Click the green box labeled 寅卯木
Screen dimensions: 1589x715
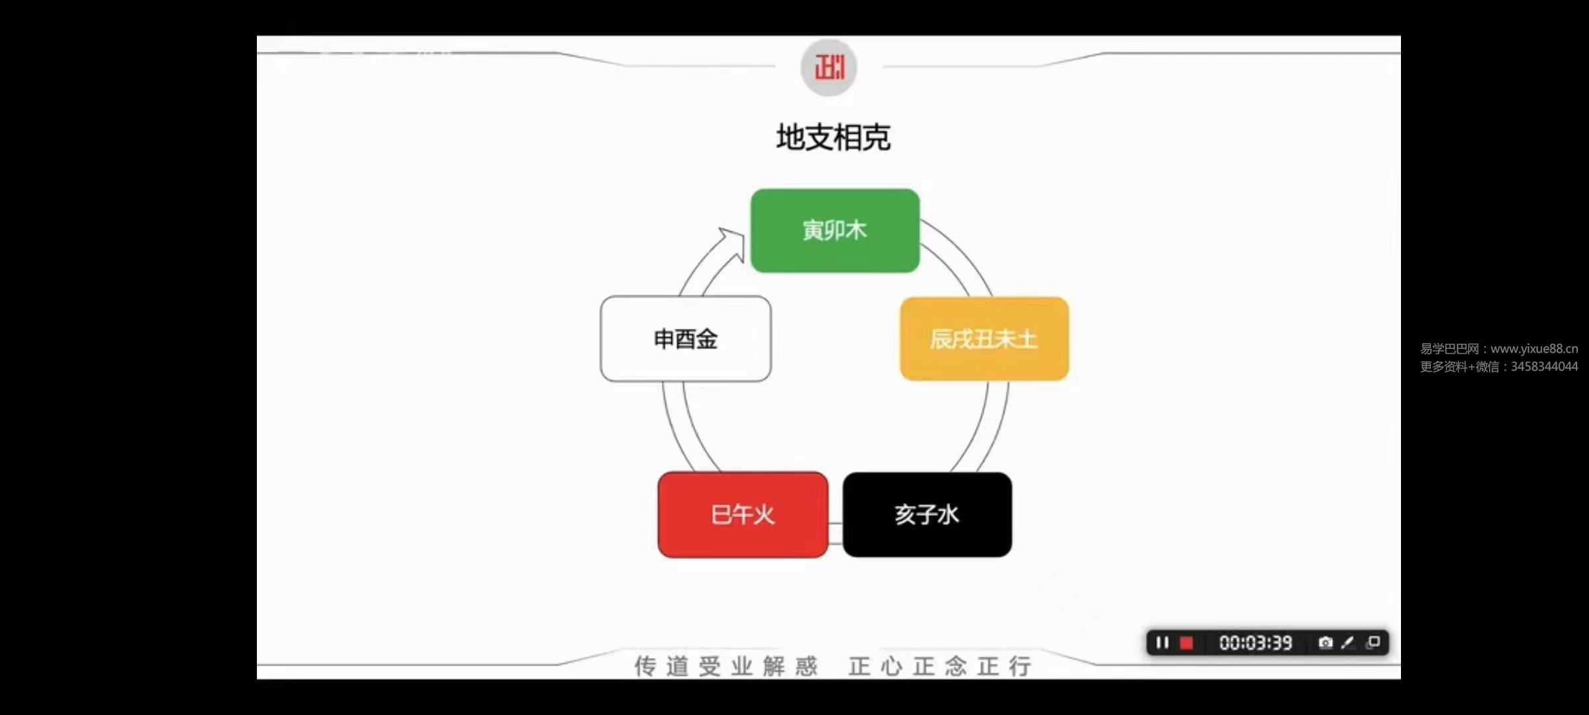[x=835, y=230]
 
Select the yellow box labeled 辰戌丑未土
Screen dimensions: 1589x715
[x=985, y=339]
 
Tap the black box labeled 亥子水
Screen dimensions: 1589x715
[x=927, y=514]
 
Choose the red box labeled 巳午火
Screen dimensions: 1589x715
[x=743, y=514]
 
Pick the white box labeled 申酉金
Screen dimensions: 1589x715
[x=686, y=339]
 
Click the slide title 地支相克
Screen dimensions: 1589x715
[x=833, y=138]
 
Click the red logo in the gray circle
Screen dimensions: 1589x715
[x=830, y=68]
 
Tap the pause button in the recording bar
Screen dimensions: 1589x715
[x=1162, y=643]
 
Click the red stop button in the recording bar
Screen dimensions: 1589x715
[x=1186, y=643]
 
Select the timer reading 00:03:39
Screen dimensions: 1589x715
[x=1255, y=643]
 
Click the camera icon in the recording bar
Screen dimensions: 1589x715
[x=1325, y=643]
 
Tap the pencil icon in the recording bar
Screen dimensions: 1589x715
[x=1348, y=643]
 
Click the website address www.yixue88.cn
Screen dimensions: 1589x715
[x=1534, y=349]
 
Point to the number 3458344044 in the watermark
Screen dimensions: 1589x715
[x=1544, y=367]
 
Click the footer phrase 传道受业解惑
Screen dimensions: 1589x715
[x=726, y=666]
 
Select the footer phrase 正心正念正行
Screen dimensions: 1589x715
[x=940, y=666]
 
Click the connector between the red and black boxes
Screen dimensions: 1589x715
[x=836, y=534]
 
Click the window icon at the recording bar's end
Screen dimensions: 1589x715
[x=1374, y=643]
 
